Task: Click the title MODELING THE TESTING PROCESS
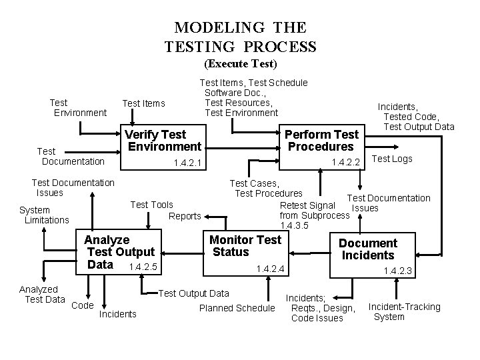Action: click(x=240, y=37)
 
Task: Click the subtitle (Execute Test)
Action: click(x=240, y=64)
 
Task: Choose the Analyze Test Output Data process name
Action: click(x=119, y=252)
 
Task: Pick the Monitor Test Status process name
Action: click(x=245, y=246)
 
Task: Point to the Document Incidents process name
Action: click(x=368, y=249)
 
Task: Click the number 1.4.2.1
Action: click(x=187, y=163)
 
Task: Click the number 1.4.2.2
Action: click(x=346, y=162)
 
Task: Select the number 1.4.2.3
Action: click(x=398, y=271)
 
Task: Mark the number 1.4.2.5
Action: click(x=143, y=267)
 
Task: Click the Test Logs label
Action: click(x=391, y=159)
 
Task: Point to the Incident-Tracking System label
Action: click(x=404, y=311)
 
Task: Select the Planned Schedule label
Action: click(x=237, y=308)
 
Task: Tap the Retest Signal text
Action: click(x=308, y=205)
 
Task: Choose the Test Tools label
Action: click(x=151, y=205)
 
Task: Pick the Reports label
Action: click(x=185, y=216)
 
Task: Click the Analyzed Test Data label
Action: click(x=41, y=294)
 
